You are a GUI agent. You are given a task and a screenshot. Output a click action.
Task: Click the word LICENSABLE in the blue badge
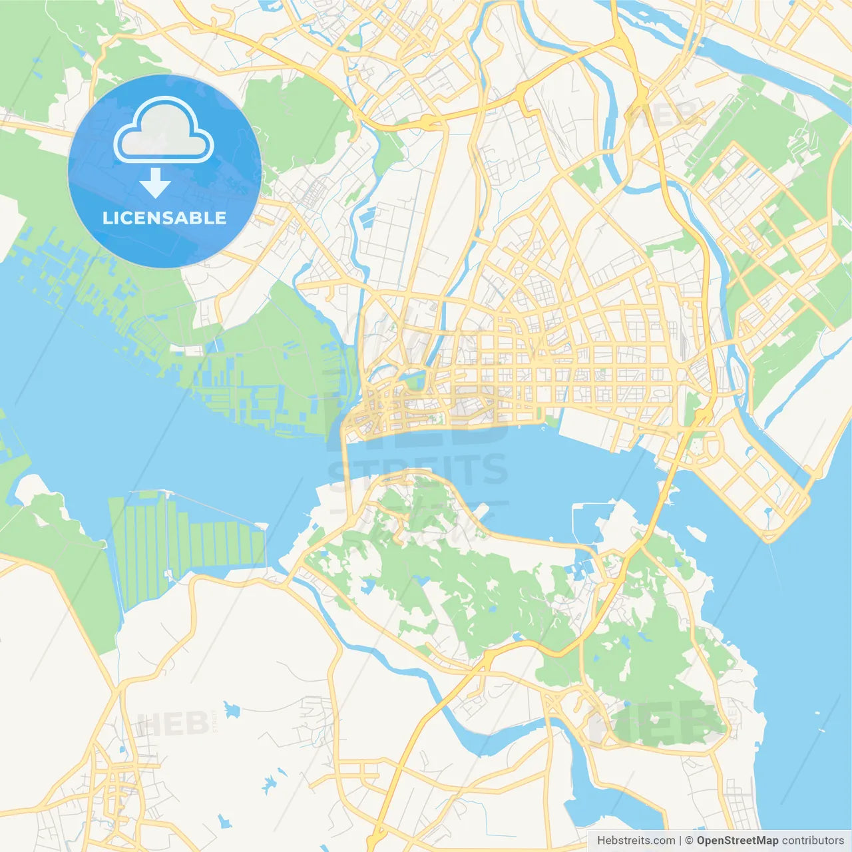pyautogui.click(x=164, y=218)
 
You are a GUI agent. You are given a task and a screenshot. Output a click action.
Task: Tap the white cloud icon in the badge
pyautogui.click(x=164, y=131)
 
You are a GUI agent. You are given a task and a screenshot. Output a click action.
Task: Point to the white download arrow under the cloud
pyautogui.click(x=155, y=182)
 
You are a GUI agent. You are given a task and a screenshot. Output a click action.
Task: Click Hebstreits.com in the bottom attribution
pyautogui.click(x=636, y=841)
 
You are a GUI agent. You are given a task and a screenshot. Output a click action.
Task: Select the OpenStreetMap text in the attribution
pyautogui.click(x=737, y=841)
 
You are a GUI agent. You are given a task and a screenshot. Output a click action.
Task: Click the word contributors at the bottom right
pyautogui.click(x=813, y=841)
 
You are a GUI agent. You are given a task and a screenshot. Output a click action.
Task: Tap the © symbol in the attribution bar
pyautogui.click(x=689, y=841)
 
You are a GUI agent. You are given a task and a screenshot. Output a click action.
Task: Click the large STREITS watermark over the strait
pyautogui.click(x=418, y=470)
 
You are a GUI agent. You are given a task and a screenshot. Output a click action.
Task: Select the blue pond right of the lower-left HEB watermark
pyautogui.click(x=231, y=710)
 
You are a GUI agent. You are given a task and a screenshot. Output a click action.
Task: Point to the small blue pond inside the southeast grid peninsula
pyautogui.click(x=768, y=513)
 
